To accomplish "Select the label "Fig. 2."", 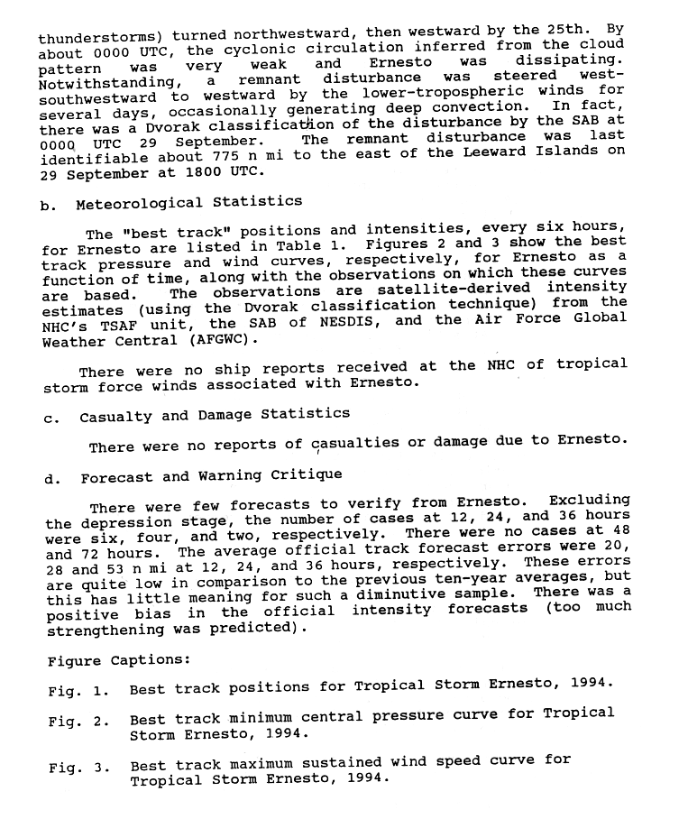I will click(x=78, y=721).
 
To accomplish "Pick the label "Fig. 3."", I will click(x=78, y=768).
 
